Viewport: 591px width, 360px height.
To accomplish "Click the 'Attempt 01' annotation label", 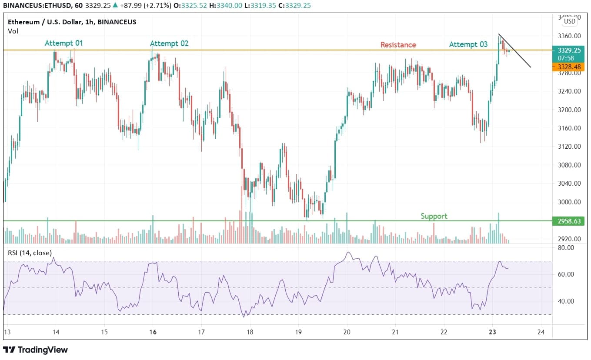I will [x=63, y=43].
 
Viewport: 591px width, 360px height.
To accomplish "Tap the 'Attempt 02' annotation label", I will [x=169, y=43].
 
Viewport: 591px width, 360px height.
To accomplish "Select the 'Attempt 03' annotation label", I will [x=468, y=44].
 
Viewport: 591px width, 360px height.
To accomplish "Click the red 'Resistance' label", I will [x=398, y=45].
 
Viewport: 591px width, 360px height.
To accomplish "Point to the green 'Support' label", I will [x=434, y=216].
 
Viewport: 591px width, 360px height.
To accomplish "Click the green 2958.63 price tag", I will [x=568, y=221].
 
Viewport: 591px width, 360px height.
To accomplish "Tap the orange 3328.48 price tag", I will [x=568, y=67].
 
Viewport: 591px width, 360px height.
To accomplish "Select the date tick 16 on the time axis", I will [x=153, y=332].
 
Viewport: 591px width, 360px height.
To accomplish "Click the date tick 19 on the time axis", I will [x=298, y=332].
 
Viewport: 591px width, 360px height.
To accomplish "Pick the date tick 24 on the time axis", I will [x=541, y=332].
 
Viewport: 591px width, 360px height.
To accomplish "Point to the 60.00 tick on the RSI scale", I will [x=565, y=274].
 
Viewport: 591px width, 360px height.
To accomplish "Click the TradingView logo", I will [x=36, y=350].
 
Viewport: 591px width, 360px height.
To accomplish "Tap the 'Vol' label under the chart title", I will [x=13, y=31].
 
